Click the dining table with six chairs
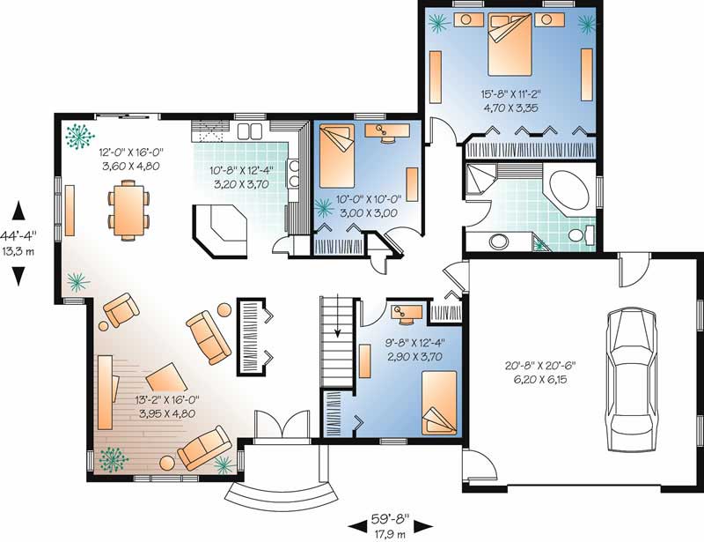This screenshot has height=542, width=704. [x=128, y=208]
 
